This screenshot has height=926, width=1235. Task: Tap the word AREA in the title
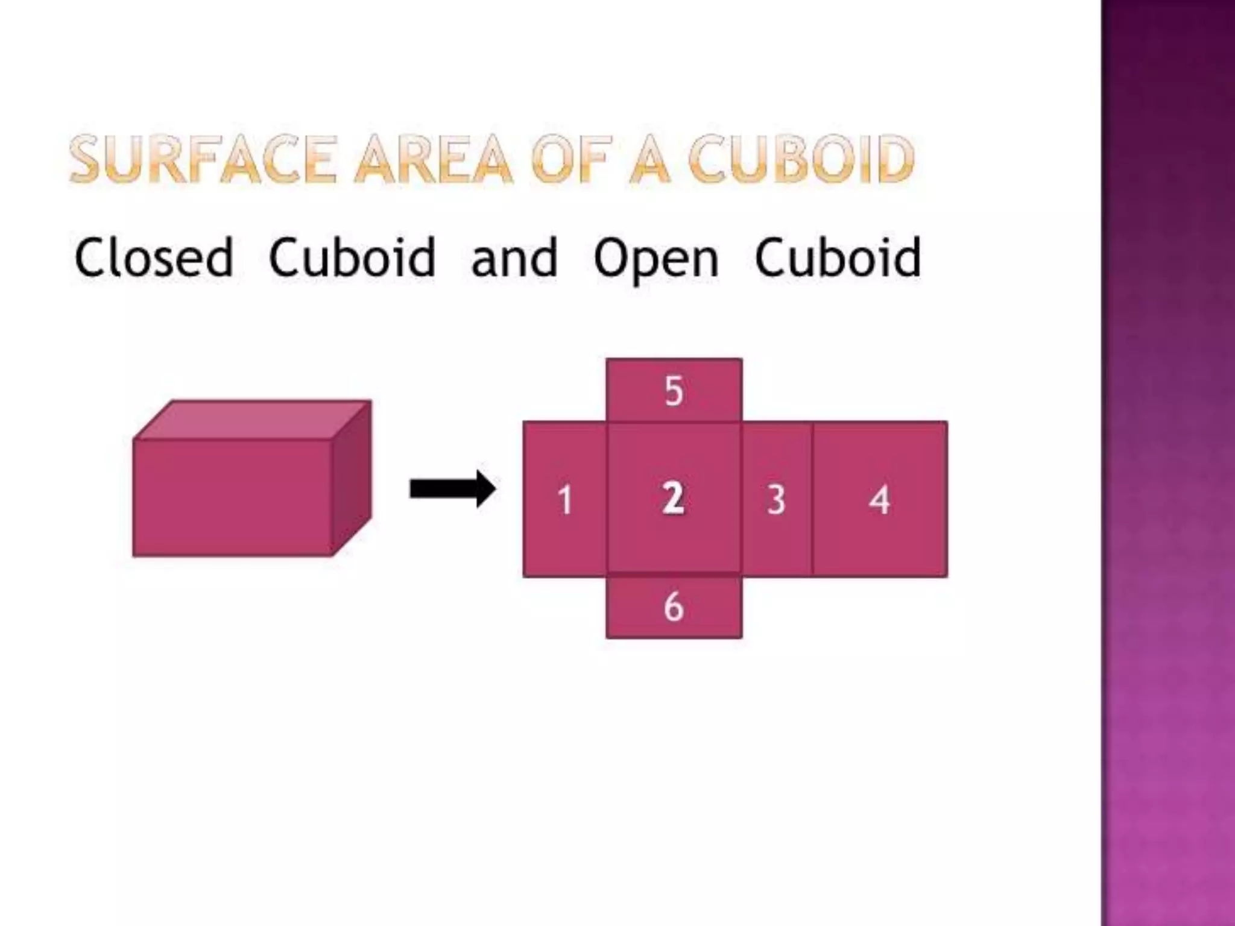point(433,159)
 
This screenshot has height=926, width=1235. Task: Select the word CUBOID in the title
point(802,159)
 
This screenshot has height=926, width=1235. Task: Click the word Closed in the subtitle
point(154,258)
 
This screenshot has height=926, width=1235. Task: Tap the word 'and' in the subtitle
point(514,258)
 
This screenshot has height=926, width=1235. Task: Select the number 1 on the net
point(565,500)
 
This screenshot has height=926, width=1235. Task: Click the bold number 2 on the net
point(673,499)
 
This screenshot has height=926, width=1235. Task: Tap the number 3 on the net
point(776,500)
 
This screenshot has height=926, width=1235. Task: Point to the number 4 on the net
point(879,500)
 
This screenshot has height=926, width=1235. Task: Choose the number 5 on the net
point(674,391)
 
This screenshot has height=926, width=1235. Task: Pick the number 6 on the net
point(674,606)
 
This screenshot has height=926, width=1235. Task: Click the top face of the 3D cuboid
point(252,420)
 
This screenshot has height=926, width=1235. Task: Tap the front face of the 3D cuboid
point(232,497)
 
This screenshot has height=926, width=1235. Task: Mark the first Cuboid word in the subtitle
point(352,258)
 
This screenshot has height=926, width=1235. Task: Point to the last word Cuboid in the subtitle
point(838,258)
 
